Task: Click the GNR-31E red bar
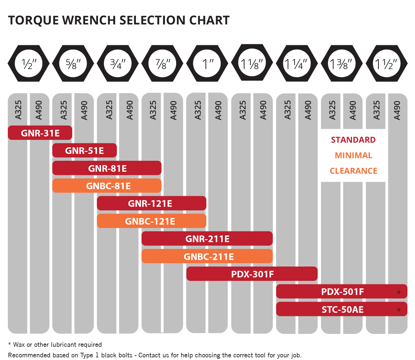(40, 133)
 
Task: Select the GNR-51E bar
(84, 151)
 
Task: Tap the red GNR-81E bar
(107, 168)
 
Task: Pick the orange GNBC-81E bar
(107, 186)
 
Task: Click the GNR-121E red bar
(151, 203)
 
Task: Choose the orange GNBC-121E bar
(151, 221)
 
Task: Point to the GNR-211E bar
(207, 238)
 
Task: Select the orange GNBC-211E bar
(207, 256)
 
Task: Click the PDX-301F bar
(252, 274)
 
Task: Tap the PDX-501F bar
(342, 292)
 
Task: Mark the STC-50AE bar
(342, 309)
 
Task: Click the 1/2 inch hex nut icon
(29, 63)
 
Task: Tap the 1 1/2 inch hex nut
(387, 63)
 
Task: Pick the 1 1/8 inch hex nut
(252, 63)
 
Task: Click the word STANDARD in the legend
(353, 140)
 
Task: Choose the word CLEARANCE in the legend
(353, 171)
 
